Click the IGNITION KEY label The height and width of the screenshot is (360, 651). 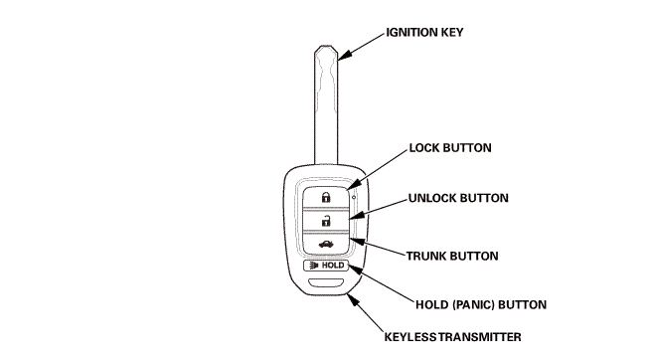click(x=424, y=33)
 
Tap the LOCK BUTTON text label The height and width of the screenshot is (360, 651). click(x=450, y=148)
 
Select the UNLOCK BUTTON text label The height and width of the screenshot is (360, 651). click(x=458, y=198)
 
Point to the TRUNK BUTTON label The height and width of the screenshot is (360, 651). click(x=452, y=256)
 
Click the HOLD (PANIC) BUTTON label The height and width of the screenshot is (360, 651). click(x=481, y=304)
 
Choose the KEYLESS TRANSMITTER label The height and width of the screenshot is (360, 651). click(x=452, y=337)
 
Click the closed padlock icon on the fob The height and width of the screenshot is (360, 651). click(x=326, y=197)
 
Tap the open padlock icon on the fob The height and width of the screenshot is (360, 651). click(x=326, y=221)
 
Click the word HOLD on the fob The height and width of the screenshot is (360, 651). click(x=333, y=266)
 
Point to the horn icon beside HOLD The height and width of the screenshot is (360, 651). click(x=314, y=266)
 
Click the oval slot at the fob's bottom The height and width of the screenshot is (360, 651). click(x=326, y=282)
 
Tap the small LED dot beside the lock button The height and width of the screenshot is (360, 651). click(x=354, y=197)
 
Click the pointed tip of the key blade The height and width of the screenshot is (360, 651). click(x=326, y=46)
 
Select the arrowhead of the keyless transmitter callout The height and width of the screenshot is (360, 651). click(x=353, y=299)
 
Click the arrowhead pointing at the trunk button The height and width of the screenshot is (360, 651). click(x=358, y=241)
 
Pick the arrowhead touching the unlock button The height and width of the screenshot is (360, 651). click(x=357, y=215)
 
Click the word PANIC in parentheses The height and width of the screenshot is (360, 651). click(x=473, y=304)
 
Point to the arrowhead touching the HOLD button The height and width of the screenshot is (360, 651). click(x=355, y=270)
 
